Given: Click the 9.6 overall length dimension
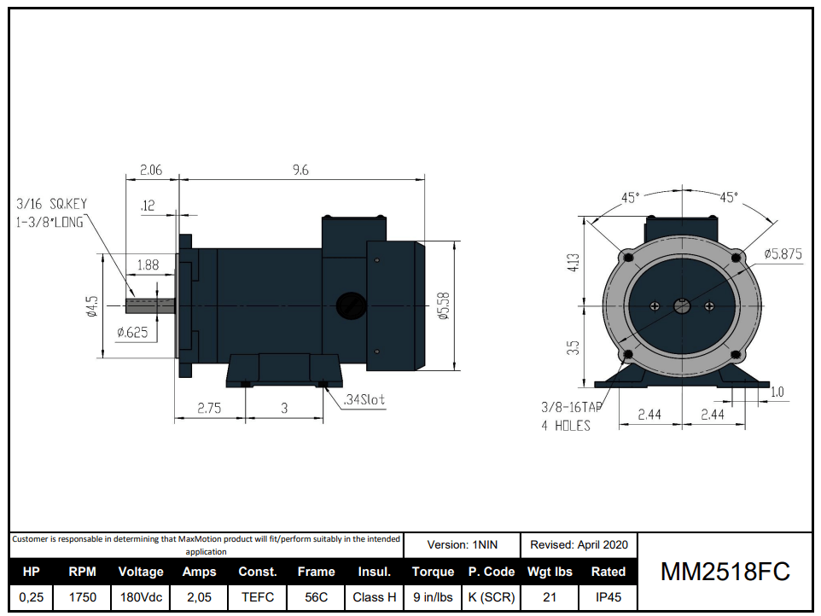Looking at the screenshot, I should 300,170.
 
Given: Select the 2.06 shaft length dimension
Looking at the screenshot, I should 150,170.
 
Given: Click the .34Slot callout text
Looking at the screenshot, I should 364,400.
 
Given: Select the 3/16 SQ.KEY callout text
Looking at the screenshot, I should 51,204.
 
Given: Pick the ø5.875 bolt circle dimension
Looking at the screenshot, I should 783,253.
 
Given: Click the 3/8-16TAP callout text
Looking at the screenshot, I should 571,408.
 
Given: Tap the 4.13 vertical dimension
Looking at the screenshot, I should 574,262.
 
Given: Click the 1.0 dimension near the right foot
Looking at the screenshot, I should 777,392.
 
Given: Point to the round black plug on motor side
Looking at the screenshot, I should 349,305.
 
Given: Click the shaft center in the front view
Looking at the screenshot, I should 682,305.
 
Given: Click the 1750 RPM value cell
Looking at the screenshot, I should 82,597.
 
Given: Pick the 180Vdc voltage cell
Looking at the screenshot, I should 140,597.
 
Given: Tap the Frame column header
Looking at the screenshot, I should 316,572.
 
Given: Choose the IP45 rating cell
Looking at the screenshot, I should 608,597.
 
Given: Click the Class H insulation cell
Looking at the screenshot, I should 374,597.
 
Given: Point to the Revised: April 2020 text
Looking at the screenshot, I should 579,544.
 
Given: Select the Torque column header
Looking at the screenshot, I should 433,572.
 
